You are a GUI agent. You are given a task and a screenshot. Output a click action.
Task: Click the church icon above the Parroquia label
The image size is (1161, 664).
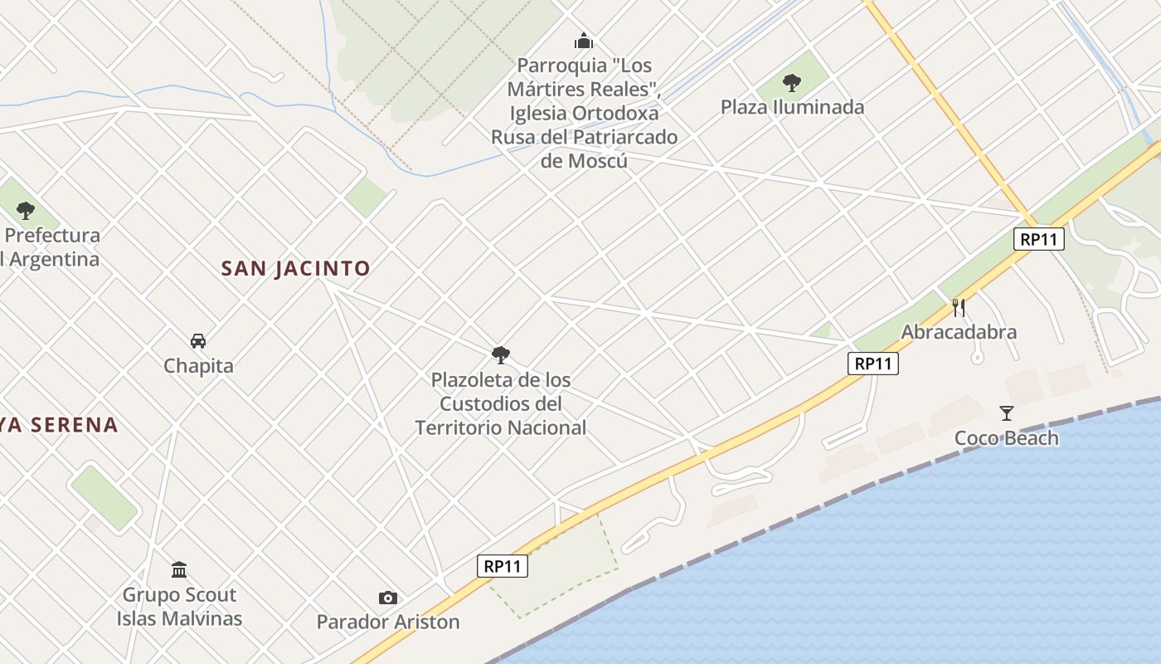[x=584, y=41]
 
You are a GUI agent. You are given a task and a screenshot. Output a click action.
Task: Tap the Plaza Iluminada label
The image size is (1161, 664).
[x=792, y=107]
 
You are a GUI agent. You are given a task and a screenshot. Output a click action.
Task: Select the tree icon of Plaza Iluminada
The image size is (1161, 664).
[x=792, y=82]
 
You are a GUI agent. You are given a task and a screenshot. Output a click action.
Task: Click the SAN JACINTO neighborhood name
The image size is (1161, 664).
[x=295, y=269]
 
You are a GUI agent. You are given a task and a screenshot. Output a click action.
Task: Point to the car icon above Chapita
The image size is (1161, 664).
[x=198, y=340]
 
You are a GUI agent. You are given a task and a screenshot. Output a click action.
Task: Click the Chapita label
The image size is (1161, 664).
[x=198, y=366]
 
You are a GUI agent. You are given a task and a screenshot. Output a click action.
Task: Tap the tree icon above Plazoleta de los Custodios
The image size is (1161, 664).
[x=500, y=355]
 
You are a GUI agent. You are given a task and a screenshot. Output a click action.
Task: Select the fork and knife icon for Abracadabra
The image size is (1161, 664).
[x=959, y=308]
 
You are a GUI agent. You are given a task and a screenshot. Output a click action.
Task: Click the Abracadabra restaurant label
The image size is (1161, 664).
[x=959, y=332]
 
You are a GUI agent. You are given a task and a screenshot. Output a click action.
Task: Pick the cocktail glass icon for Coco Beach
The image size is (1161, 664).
[x=1007, y=413]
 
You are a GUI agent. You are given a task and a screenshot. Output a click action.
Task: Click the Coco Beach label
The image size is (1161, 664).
[x=1007, y=438]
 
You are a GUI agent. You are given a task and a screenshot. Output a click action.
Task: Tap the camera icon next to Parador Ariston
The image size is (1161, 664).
[x=387, y=598]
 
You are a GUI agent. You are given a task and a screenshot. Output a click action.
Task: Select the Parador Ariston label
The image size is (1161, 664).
[x=388, y=622]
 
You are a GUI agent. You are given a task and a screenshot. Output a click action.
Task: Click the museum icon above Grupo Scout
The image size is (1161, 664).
[x=179, y=569]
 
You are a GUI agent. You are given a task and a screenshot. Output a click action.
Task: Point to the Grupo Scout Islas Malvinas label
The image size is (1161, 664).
[x=179, y=607]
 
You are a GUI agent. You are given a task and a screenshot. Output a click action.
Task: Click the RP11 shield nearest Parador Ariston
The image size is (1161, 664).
[x=503, y=566]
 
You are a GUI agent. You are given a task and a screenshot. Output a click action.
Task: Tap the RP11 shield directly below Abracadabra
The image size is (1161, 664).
[x=873, y=363]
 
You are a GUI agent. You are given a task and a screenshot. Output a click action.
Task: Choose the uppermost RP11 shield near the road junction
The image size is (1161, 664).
[x=1038, y=239]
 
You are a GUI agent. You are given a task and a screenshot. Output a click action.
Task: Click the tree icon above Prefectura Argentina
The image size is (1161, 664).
[x=26, y=210]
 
